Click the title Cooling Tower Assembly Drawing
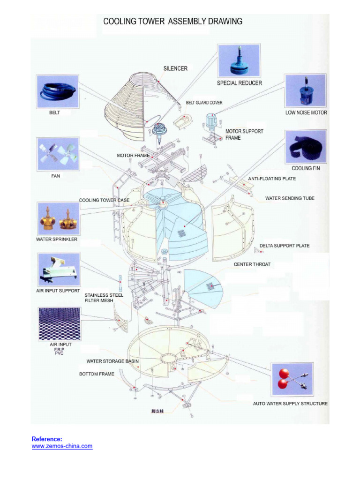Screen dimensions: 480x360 click(x=172, y=21)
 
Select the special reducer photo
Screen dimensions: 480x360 click(x=239, y=61)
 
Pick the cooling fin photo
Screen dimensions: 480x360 click(x=306, y=146)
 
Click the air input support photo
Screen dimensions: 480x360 click(x=58, y=269)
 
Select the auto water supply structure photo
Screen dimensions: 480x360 click(x=292, y=380)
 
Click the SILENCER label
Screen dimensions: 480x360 click(x=175, y=68)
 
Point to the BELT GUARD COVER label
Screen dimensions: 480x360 click(x=204, y=102)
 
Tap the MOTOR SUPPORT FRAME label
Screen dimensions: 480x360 click(x=244, y=135)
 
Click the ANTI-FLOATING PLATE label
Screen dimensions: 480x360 click(x=272, y=179)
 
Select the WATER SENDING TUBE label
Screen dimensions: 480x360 click(x=290, y=198)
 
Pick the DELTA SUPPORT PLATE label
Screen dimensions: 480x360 click(x=285, y=246)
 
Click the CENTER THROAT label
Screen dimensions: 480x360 click(x=252, y=264)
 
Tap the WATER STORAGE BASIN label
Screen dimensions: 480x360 click(x=112, y=361)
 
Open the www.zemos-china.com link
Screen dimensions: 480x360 click(x=62, y=446)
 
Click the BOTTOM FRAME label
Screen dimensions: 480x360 click(x=97, y=374)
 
